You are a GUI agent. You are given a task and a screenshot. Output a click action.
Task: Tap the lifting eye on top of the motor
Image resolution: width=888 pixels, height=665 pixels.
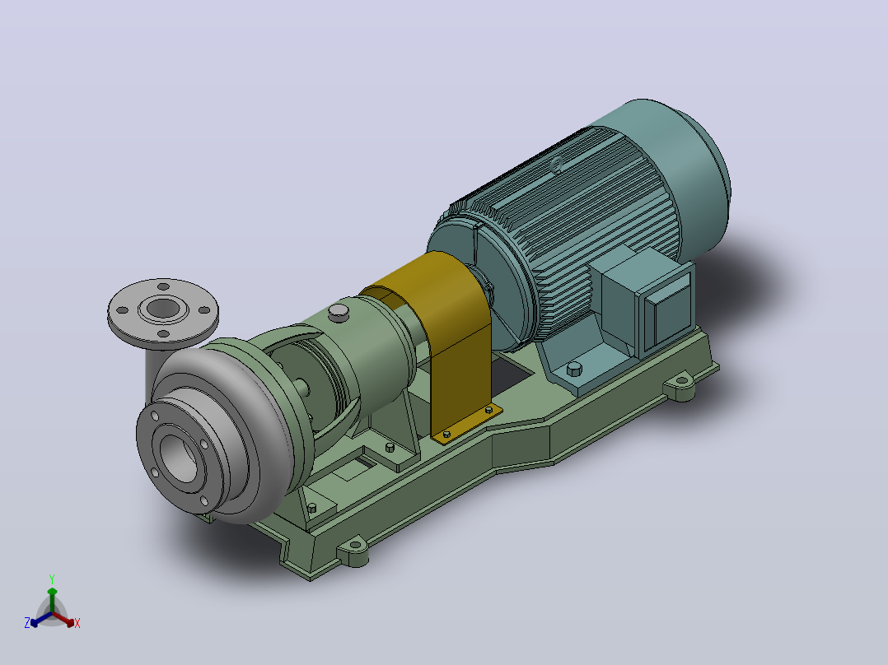pos(557,165)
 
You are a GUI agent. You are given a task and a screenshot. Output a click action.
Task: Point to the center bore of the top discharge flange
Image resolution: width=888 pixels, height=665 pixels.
pos(163,309)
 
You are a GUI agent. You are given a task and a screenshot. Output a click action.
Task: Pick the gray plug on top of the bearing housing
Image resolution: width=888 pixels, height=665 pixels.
pos(339,313)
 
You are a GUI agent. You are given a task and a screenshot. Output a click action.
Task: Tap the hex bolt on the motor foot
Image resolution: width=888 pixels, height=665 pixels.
pos(573,369)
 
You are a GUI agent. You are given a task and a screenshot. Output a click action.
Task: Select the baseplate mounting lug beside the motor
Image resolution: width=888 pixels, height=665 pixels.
pos(681,388)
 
